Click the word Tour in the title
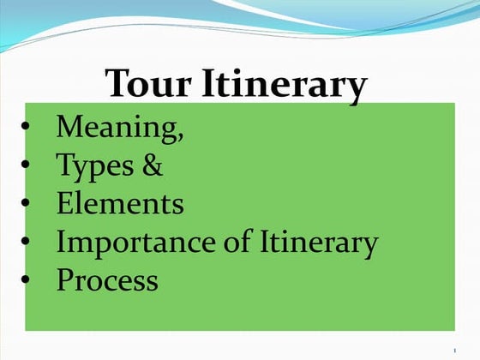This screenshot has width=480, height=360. (x=151, y=85)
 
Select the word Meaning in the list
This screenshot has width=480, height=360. (x=116, y=128)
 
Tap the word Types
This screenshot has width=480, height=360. (x=94, y=166)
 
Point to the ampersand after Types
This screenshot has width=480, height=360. (x=153, y=165)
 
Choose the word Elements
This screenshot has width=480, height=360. (x=120, y=204)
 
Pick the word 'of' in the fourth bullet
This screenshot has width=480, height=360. (x=232, y=243)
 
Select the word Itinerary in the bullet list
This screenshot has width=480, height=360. (x=318, y=243)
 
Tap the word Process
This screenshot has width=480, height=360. (x=107, y=281)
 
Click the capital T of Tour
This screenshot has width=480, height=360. (x=119, y=85)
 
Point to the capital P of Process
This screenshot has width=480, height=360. (x=64, y=281)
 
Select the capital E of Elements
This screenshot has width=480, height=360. (x=64, y=204)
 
